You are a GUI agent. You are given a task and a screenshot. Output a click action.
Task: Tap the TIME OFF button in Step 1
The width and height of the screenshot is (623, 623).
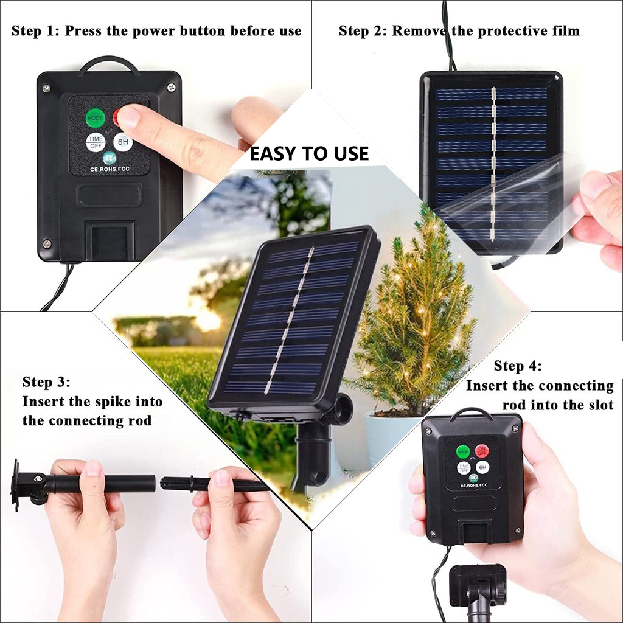point(95,142)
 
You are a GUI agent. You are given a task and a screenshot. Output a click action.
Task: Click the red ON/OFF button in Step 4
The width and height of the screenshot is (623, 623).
point(482,451)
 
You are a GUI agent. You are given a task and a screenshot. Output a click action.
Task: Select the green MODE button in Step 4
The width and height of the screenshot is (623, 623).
point(463,451)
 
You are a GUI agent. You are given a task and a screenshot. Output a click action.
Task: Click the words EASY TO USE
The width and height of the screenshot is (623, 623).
point(309,154)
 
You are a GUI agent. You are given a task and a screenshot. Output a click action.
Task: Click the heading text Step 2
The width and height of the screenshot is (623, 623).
point(361,31)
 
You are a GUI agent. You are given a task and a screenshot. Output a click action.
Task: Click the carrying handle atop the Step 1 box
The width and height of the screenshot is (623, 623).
point(109,62)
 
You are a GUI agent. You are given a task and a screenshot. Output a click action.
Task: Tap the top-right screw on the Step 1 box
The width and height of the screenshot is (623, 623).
point(172,88)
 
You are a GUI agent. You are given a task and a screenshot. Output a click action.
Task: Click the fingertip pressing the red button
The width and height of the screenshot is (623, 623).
point(129,116)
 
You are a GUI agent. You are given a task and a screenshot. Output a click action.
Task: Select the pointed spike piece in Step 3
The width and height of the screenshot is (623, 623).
point(213,484)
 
